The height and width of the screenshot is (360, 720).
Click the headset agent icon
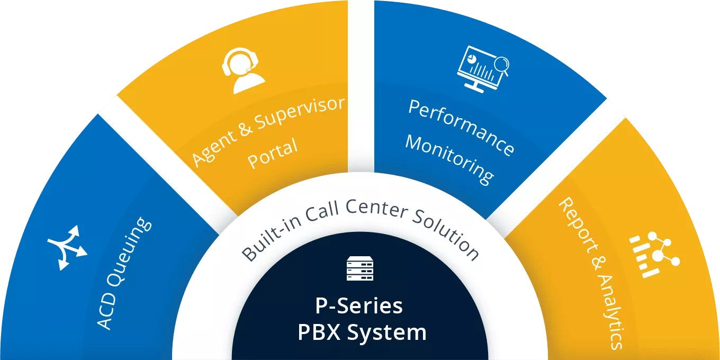coord(243,70)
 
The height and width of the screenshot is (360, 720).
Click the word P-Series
coord(359,306)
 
